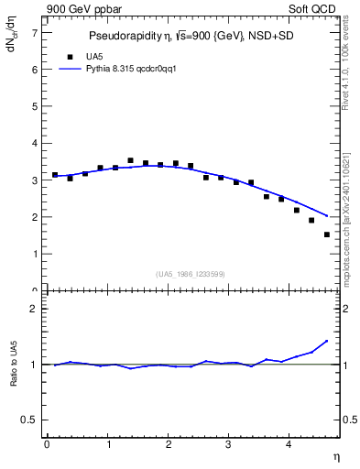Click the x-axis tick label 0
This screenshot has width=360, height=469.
click(47, 444)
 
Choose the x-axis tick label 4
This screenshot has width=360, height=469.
click(290, 444)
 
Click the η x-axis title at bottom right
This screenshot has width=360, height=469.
click(335, 455)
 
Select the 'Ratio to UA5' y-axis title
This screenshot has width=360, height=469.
click(13, 378)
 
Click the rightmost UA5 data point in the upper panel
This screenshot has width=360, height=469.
click(327, 234)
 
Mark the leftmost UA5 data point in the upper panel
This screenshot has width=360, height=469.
click(55, 174)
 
